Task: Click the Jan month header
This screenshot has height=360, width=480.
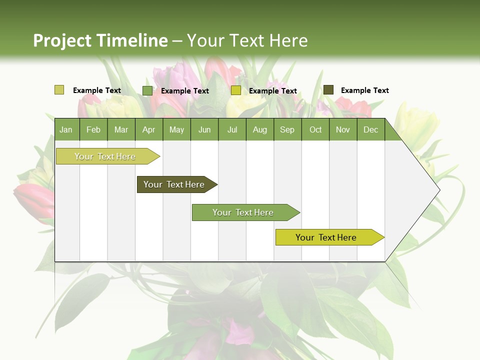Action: coord(66,130)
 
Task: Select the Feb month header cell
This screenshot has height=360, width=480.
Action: coord(93,130)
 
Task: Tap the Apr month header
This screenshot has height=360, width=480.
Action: coord(149,130)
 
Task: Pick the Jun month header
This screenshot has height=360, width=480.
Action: coord(204,130)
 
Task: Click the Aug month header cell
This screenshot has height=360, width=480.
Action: coord(260,130)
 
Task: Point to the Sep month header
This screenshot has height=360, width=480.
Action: coord(287,130)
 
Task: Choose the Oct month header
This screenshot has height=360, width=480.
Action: coord(315,130)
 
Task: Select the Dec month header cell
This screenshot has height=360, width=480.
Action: coord(371,130)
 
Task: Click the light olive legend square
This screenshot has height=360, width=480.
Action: coord(59,90)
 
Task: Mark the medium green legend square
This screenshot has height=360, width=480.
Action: coord(147,90)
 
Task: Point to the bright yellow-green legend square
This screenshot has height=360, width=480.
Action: coord(236,90)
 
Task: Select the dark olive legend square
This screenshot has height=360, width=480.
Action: coord(328,90)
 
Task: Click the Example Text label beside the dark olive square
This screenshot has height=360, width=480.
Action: coord(364,90)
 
